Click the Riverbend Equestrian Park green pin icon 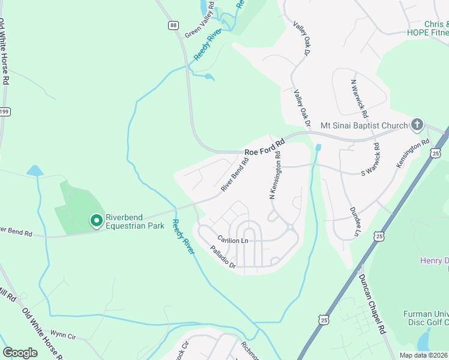95,221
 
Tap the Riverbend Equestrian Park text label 134,221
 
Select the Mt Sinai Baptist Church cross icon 417,125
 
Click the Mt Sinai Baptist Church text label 364,125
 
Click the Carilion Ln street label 233,240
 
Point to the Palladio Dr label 223,256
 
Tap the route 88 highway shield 173,25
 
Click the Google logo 20,352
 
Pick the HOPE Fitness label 427,32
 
